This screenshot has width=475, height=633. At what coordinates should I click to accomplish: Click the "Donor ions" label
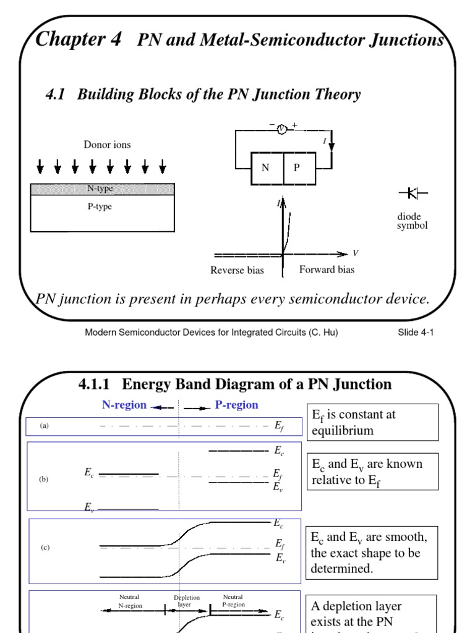click(x=108, y=145)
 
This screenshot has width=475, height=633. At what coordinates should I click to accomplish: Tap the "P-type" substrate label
click(x=100, y=206)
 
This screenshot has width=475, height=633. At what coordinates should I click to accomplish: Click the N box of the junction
click(x=266, y=168)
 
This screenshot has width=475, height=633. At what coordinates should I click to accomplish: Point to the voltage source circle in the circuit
click(x=281, y=129)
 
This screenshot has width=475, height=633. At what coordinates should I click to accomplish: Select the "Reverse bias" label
click(x=237, y=270)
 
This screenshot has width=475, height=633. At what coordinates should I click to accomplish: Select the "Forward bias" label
click(x=327, y=270)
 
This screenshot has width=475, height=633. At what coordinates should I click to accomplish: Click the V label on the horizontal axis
click(x=356, y=253)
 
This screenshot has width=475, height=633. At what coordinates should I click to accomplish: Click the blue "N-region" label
click(x=124, y=406)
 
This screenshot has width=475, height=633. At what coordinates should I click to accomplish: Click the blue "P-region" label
click(x=237, y=406)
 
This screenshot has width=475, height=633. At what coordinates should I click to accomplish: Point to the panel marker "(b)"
click(x=43, y=478)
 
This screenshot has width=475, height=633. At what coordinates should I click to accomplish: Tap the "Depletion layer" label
click(x=186, y=601)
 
